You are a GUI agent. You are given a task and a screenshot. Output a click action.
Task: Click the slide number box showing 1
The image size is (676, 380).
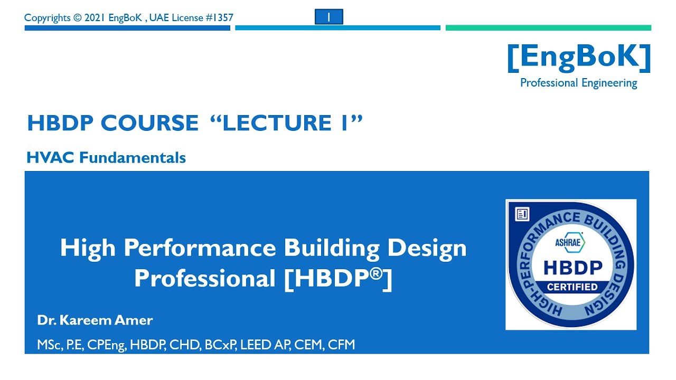328,17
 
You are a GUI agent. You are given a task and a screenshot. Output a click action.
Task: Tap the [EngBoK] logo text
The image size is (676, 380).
579,58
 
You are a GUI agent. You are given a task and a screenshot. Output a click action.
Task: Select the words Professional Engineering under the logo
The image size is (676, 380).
578,83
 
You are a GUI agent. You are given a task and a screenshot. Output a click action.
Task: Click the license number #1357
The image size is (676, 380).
218,17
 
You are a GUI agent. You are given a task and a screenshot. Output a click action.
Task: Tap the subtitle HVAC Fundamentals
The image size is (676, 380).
106,157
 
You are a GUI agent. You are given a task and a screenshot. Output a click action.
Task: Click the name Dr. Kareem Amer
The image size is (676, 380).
95,320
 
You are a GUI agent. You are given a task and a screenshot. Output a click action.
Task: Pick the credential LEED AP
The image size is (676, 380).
262,345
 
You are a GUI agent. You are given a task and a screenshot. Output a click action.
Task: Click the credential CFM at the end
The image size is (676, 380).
341,345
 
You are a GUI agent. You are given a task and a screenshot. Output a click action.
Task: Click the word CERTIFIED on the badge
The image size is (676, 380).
572,287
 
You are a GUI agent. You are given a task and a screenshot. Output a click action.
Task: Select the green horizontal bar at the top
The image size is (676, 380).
548,28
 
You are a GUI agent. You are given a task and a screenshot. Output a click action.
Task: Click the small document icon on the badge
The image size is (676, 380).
522,214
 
